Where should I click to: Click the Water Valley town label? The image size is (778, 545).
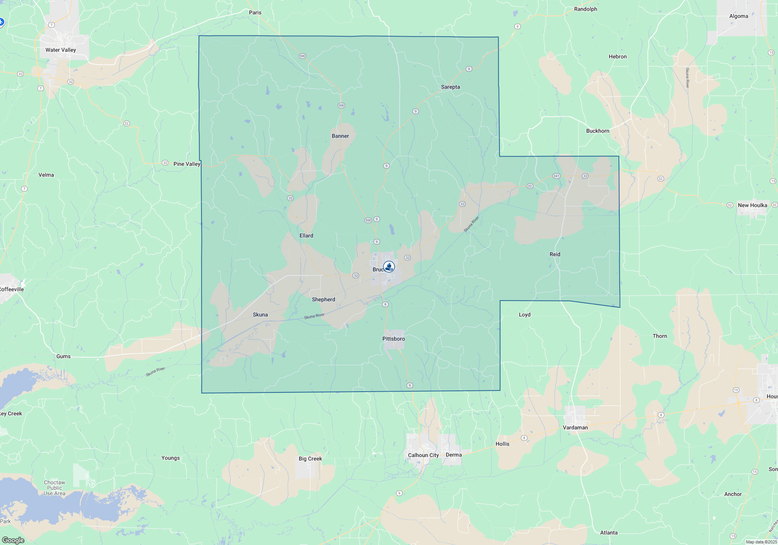[61, 50]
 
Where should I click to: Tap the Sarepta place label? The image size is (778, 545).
[450, 87]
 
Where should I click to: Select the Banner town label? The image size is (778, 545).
[340, 136]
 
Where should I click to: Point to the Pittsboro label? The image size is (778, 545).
[394, 339]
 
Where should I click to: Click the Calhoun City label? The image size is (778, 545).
[423, 455]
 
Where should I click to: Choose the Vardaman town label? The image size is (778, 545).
[575, 427]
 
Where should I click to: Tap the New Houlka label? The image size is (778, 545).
[752, 205]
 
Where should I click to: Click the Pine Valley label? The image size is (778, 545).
[187, 164]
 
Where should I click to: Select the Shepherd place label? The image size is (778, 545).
[323, 299]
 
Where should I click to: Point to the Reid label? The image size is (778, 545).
[555, 254]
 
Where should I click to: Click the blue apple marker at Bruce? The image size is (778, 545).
[389, 267]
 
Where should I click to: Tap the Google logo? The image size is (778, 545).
[13, 540]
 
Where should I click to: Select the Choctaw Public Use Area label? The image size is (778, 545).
[54, 488]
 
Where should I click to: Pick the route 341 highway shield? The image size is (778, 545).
[556, 176]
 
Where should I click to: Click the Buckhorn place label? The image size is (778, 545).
[598, 131]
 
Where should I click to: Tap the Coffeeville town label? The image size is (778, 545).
[12, 289]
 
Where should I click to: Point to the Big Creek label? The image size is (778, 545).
[310, 459]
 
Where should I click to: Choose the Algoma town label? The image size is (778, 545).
[738, 16]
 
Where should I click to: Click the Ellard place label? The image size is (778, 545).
[306, 236]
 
